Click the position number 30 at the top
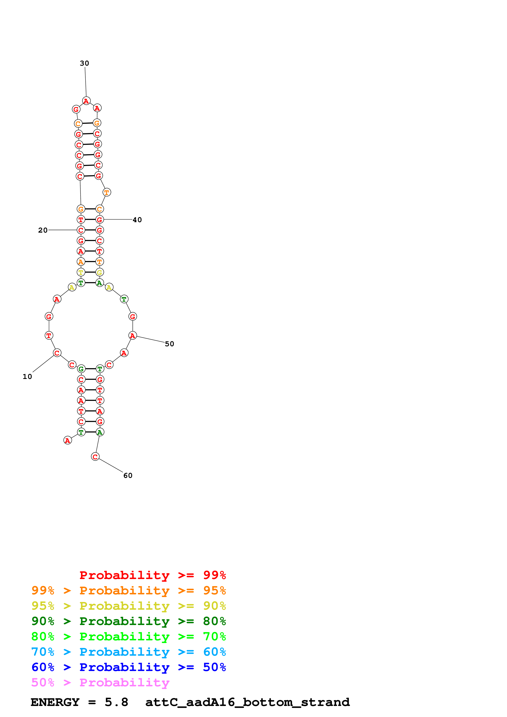(84, 63)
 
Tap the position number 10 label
(27, 377)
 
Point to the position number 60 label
(128, 476)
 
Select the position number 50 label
(169, 344)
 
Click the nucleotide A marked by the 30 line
(86, 101)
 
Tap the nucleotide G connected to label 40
(99, 220)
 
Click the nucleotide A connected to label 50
(133, 335)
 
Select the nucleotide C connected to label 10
(57, 353)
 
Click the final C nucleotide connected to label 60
(95, 457)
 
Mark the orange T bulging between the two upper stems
(107, 192)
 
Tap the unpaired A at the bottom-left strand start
(67, 440)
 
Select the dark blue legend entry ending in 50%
(128, 667)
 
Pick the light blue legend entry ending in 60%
(128, 652)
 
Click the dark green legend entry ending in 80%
(128, 621)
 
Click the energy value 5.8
(116, 702)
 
